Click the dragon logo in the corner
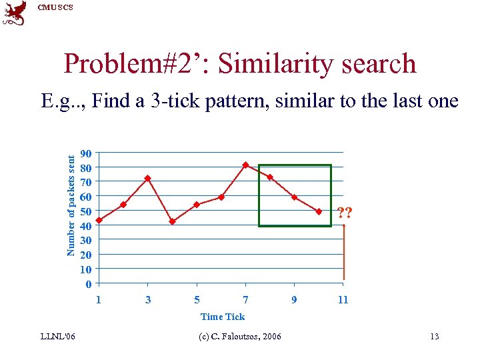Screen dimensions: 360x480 (15, 13)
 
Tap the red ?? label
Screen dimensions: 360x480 (345, 213)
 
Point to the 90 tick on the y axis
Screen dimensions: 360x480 (85, 153)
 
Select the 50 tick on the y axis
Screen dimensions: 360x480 (85, 211)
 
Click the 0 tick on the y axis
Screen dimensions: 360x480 (88, 285)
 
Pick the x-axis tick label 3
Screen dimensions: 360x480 (148, 300)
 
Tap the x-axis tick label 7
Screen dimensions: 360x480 (246, 300)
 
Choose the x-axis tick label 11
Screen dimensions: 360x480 (343, 300)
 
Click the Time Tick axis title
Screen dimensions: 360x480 (223, 317)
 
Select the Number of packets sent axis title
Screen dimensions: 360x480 (70, 203)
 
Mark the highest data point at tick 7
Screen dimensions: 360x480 (245, 165)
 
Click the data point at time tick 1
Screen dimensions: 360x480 (99, 220)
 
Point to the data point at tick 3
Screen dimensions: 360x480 (148, 178)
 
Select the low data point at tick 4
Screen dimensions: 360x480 (172, 221)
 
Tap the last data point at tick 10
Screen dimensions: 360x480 (319, 211)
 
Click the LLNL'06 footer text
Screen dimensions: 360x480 (58, 336)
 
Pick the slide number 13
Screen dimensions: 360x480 (434, 336)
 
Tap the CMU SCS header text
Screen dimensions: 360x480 (55, 7)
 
